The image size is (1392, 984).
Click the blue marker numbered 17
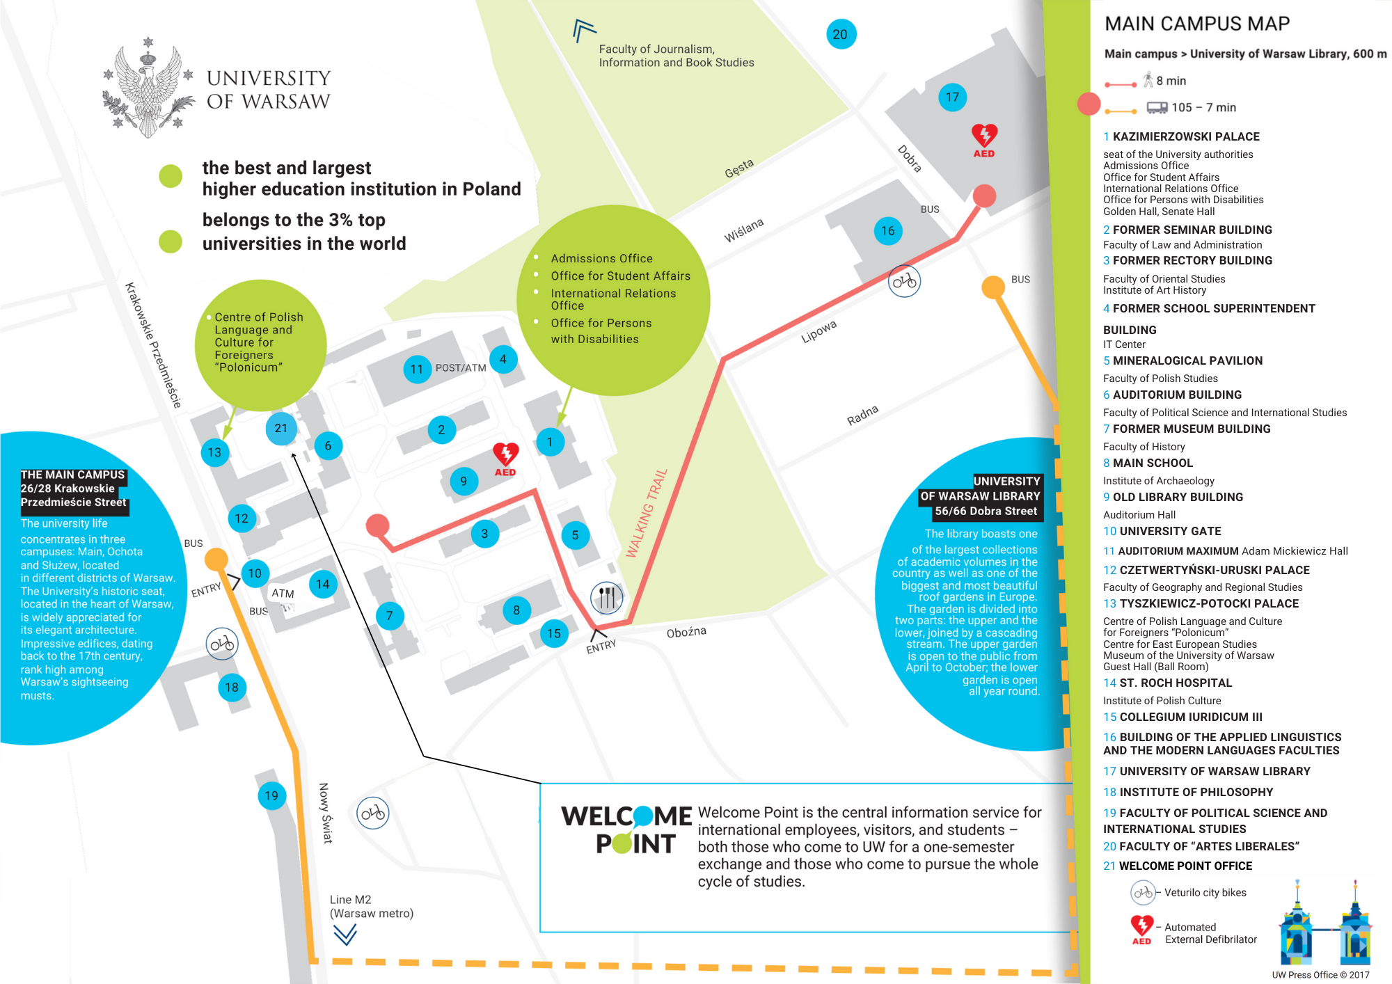click(952, 97)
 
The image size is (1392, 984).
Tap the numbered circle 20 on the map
click(841, 34)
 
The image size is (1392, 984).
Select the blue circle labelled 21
click(281, 429)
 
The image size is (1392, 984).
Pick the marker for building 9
click(464, 481)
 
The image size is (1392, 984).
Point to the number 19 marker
click(271, 795)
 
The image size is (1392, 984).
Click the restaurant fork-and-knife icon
click(607, 597)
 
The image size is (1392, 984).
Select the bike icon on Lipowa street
click(904, 281)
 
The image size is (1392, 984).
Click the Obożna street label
click(686, 632)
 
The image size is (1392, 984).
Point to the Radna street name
click(862, 415)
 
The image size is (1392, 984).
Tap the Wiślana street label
click(743, 230)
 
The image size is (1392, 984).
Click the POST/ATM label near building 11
click(461, 368)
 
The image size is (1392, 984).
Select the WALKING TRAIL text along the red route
click(647, 513)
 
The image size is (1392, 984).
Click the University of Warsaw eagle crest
click(148, 88)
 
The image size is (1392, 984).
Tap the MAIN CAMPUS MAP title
click(1197, 24)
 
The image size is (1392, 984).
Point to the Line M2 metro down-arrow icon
click(345, 934)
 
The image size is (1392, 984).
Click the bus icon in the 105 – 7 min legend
click(1157, 107)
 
